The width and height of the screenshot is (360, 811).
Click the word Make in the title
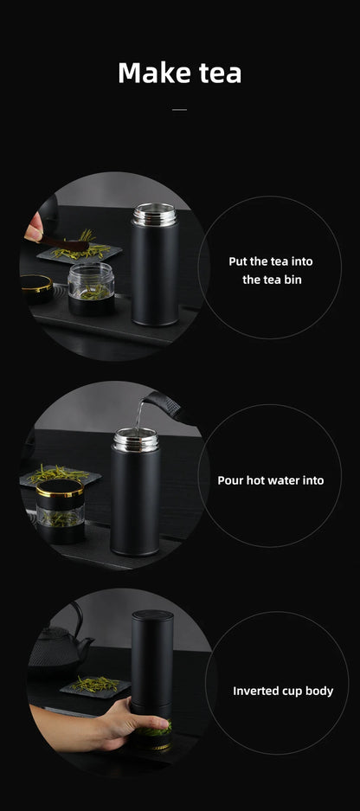pyautogui.click(x=149, y=73)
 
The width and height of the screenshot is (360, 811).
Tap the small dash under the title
pyautogui.click(x=179, y=110)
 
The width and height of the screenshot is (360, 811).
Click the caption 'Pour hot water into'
pyautogui.click(x=270, y=480)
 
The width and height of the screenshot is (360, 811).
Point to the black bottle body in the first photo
pyautogui.click(x=155, y=277)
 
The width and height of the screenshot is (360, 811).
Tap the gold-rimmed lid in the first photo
pyautogui.click(x=36, y=284)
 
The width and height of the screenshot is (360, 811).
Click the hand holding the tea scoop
pyautogui.click(x=34, y=230)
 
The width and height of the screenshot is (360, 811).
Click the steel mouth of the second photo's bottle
pyautogui.click(x=135, y=439)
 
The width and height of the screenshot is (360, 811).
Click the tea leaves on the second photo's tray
pyautogui.click(x=59, y=474)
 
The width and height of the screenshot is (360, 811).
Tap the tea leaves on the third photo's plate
pyautogui.click(x=93, y=685)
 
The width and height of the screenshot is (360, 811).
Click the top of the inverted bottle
pyautogui.click(x=151, y=617)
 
